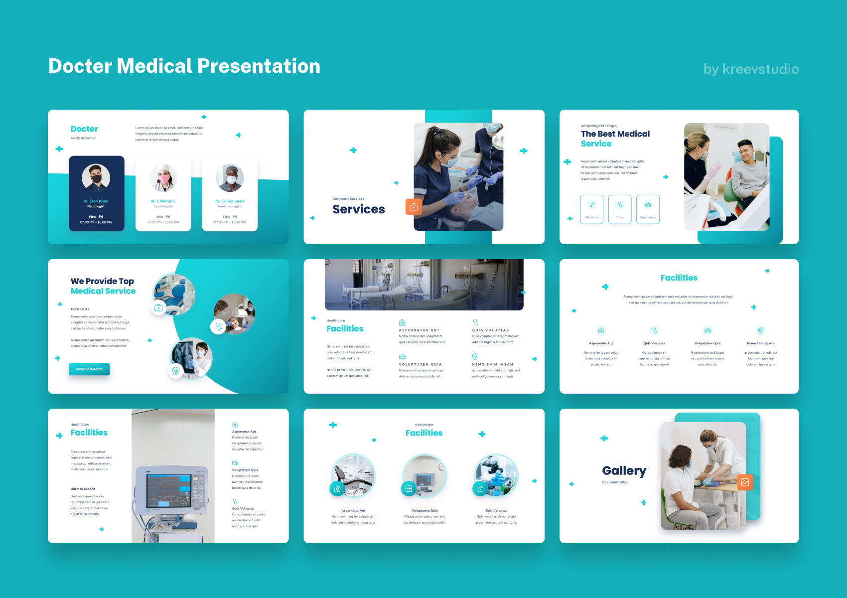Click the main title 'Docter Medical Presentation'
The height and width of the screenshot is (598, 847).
(x=184, y=66)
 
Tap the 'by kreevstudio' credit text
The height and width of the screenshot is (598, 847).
(x=751, y=69)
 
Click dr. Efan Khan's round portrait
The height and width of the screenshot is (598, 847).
(x=96, y=178)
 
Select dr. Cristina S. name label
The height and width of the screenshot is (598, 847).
(x=163, y=201)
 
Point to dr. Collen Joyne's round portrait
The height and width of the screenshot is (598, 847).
(x=230, y=178)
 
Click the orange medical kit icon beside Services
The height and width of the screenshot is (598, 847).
(x=414, y=206)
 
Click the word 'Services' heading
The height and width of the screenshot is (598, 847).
(x=359, y=209)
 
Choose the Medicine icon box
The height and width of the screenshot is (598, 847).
(x=592, y=209)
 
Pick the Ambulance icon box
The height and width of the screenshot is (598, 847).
(x=648, y=209)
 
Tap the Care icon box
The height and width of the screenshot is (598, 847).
(x=620, y=209)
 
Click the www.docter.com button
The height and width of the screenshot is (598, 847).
(x=89, y=369)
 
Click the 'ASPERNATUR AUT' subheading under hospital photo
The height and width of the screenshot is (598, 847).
(x=419, y=330)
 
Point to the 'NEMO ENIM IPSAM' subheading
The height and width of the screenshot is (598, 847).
(x=492, y=364)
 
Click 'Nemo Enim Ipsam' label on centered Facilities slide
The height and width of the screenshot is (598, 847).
(x=760, y=343)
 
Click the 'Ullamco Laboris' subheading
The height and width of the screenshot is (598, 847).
(x=83, y=489)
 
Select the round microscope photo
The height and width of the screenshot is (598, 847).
(x=496, y=474)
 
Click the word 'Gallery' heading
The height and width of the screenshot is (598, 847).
(x=624, y=470)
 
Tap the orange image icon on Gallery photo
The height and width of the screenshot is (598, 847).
(x=745, y=482)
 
